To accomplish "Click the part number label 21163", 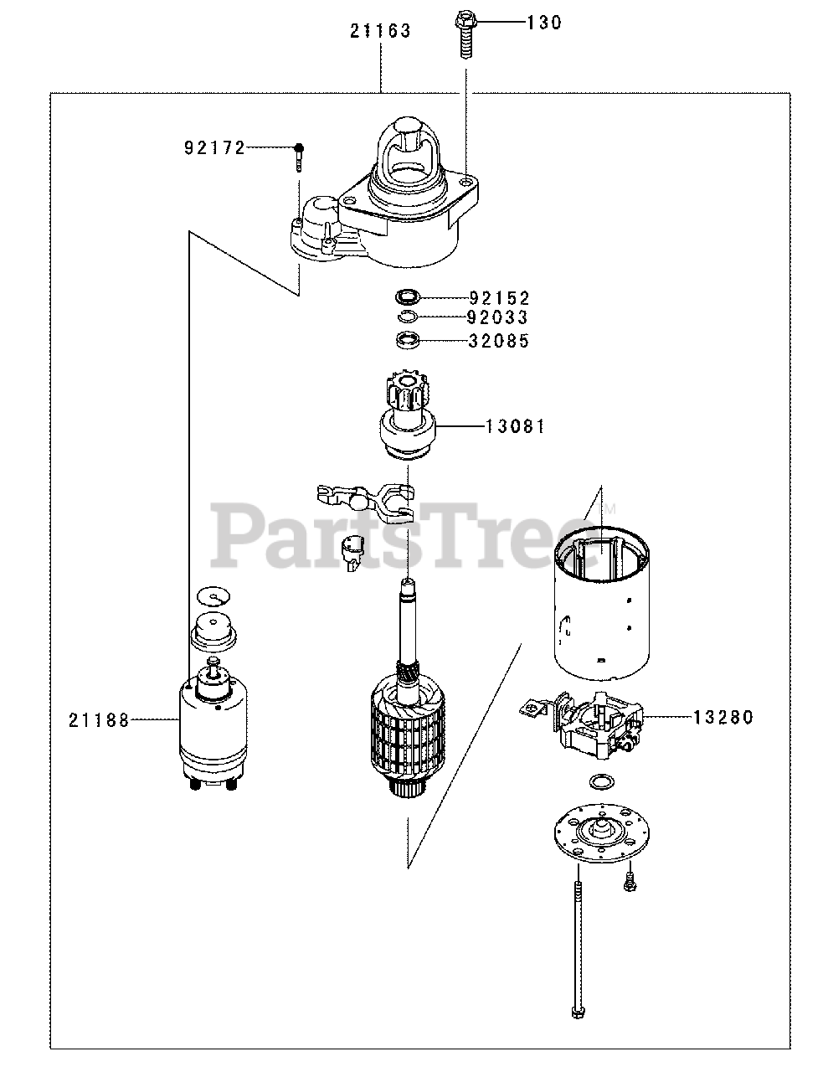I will pos(381,32).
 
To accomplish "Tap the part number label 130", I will pos(544,23).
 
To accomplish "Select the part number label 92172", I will pos(214,148).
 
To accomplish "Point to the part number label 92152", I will pos(500,297).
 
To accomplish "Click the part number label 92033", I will pos(500,317).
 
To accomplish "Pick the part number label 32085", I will pos(500,341).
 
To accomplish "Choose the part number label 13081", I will pos(516,426).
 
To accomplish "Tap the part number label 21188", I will pos(100,719).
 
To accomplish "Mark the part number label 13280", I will pos(723,717).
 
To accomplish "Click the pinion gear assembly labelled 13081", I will pos(407,423).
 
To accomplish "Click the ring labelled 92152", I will pos(407,296).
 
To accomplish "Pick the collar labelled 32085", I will pos(407,340).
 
